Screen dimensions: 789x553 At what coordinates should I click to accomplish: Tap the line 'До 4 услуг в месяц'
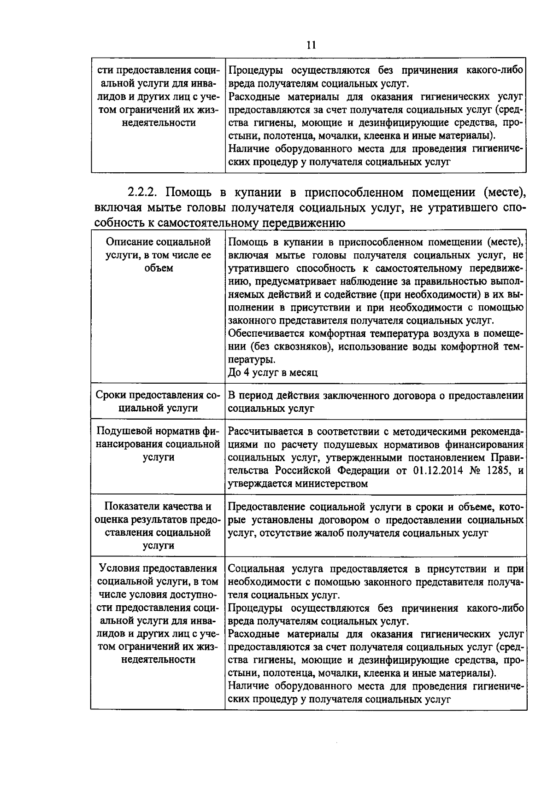(x=273, y=373)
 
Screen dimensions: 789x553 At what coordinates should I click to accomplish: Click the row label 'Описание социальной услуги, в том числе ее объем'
(x=158, y=255)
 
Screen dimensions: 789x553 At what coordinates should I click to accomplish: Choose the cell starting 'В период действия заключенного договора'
(x=376, y=402)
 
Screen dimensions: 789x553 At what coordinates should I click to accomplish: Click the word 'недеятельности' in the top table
(x=159, y=123)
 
